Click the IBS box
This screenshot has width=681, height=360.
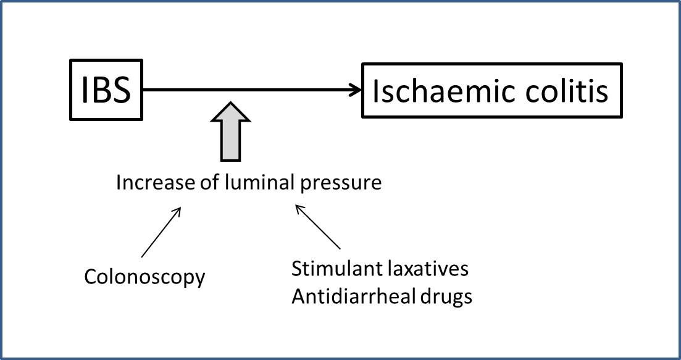click(106, 91)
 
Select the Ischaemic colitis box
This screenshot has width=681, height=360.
click(491, 91)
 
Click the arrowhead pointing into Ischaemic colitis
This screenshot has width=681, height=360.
click(356, 91)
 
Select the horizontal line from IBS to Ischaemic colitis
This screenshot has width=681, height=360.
click(247, 91)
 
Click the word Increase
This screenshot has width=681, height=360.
click(147, 183)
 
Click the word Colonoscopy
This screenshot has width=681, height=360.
click(144, 277)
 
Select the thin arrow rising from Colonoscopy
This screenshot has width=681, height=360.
click(161, 232)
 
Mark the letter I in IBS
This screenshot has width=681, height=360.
click(86, 91)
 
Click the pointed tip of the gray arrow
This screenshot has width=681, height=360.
click(230, 104)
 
